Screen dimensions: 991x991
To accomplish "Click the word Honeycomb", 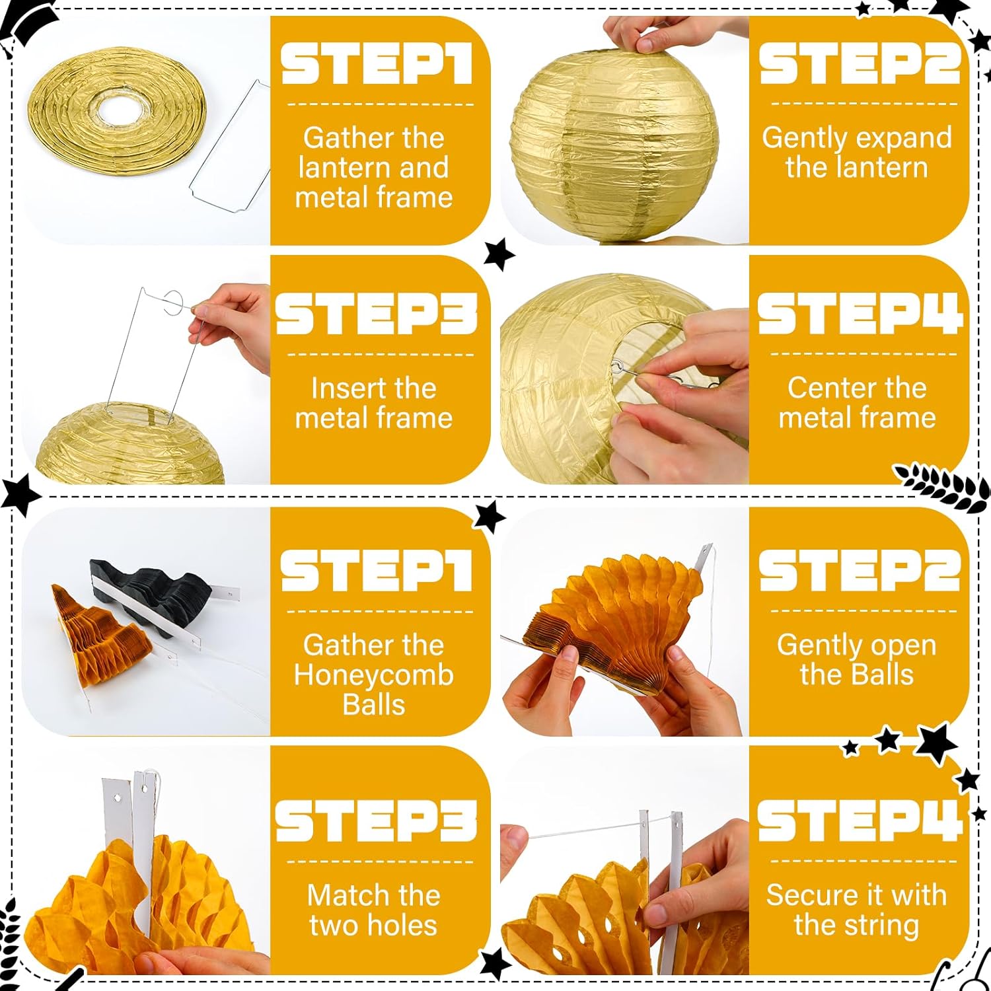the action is pyautogui.click(x=374, y=675).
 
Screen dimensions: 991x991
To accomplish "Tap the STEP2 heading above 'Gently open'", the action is pyautogui.click(x=859, y=569).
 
